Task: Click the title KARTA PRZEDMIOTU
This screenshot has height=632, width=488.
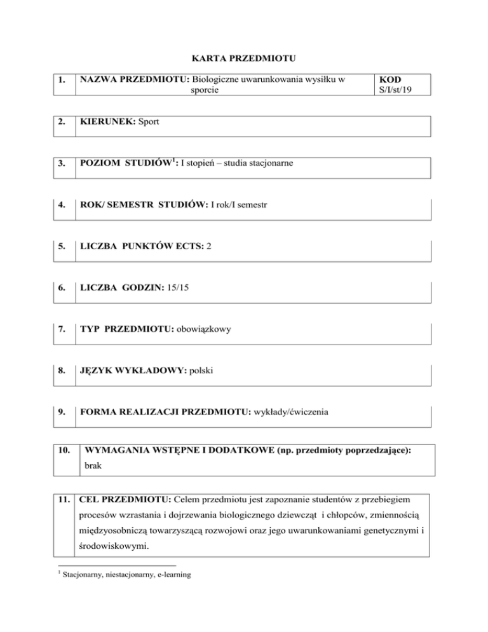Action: coord(244,58)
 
